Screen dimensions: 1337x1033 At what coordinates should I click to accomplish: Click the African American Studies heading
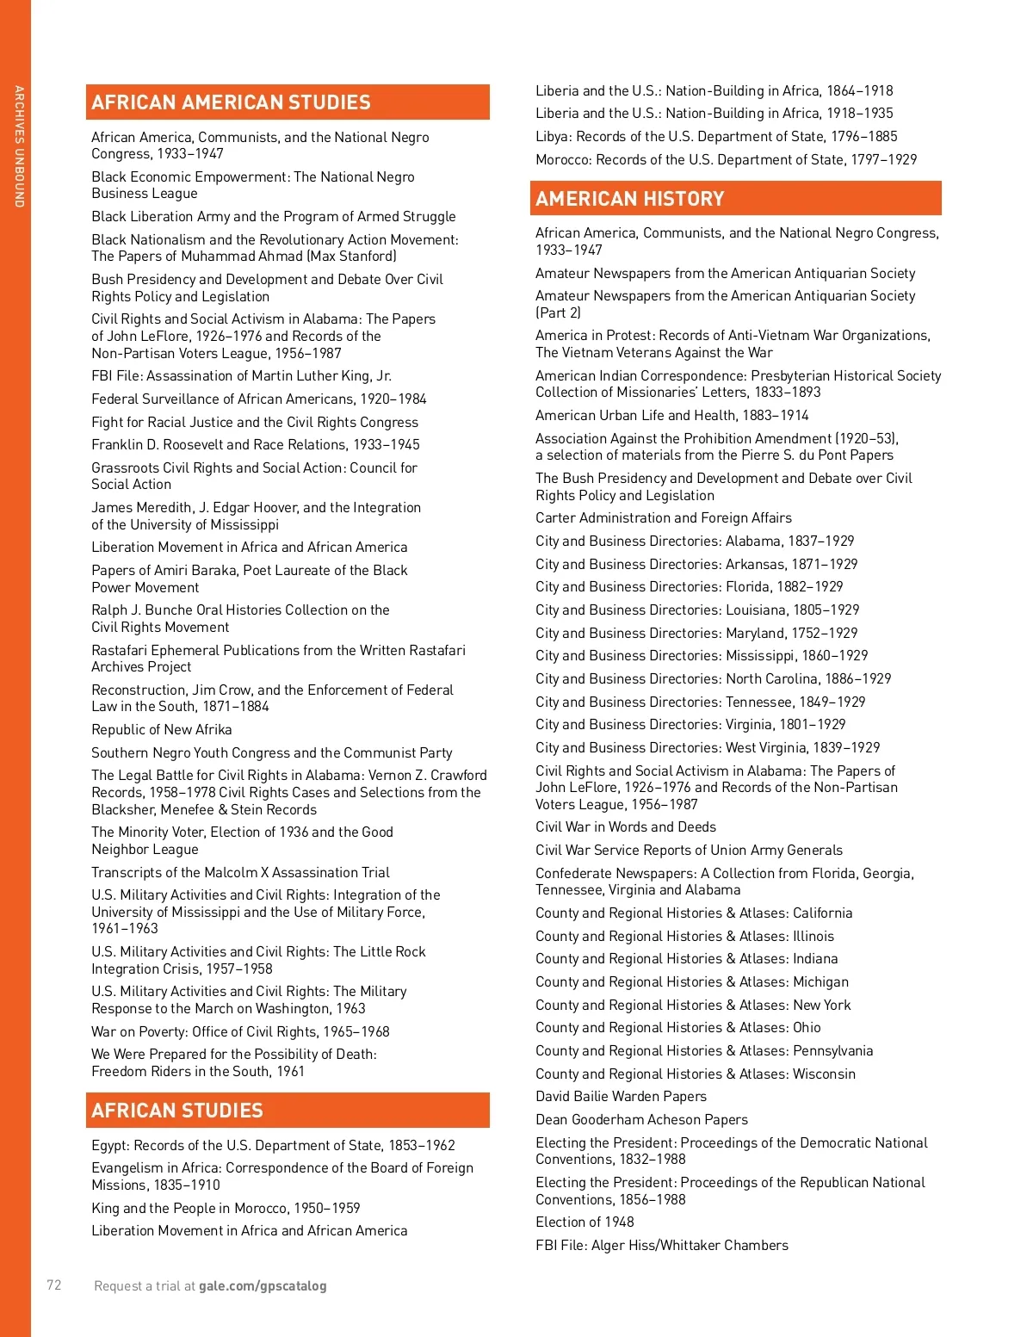231,102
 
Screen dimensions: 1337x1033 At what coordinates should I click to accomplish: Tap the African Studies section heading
177,1111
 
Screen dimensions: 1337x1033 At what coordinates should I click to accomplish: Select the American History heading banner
630,199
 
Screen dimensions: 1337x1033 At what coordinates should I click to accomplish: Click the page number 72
54,1285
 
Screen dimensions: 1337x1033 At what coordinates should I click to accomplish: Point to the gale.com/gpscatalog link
263,1286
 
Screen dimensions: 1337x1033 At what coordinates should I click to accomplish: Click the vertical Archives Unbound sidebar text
18,146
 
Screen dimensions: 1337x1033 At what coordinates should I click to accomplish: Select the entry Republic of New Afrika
162,730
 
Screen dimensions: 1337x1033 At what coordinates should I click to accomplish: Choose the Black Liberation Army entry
274,217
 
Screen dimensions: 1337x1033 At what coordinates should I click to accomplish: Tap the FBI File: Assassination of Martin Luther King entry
242,376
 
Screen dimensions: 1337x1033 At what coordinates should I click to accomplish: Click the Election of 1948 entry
585,1222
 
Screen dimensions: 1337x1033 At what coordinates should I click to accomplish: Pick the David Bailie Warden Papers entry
621,1097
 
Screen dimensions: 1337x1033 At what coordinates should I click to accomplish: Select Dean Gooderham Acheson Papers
641,1120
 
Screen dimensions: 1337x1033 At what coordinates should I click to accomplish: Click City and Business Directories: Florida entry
689,587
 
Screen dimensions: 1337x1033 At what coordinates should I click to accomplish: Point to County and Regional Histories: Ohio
678,1028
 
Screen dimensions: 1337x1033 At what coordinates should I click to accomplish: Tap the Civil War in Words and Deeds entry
626,827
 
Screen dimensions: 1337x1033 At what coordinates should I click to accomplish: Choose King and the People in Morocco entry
226,1209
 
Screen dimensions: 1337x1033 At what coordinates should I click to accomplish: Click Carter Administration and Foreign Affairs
664,518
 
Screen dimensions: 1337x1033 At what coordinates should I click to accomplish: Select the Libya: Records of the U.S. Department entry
716,137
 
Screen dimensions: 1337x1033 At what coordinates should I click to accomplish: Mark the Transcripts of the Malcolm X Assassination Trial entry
241,873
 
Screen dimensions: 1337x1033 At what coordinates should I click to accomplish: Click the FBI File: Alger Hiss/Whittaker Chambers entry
662,1246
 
